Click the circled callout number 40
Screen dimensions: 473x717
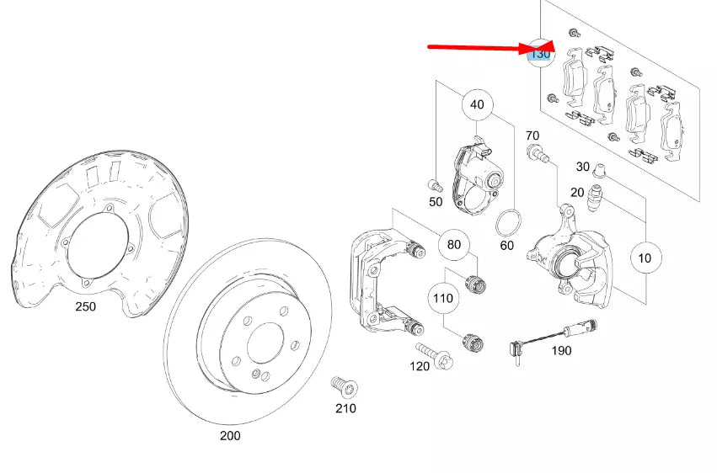pyautogui.click(x=477, y=105)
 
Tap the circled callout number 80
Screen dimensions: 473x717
pyautogui.click(x=453, y=245)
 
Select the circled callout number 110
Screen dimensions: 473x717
pyautogui.click(x=443, y=298)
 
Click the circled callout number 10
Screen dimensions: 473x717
pyautogui.click(x=645, y=258)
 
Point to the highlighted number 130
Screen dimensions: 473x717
pyautogui.click(x=539, y=54)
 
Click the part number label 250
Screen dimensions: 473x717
pyautogui.click(x=85, y=306)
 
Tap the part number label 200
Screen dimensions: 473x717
pyautogui.click(x=229, y=435)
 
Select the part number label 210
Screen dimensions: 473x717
pyautogui.click(x=345, y=408)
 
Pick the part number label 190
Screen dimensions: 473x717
pyautogui.click(x=560, y=349)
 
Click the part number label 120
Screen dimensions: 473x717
pyautogui.click(x=420, y=367)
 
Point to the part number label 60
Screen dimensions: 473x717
pyautogui.click(x=506, y=246)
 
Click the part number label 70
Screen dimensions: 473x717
pyautogui.click(x=532, y=136)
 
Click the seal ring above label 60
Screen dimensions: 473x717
pyautogui.click(x=506, y=223)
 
